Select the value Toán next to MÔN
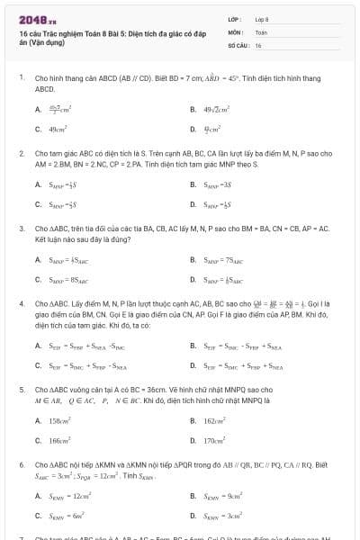pos(261,31)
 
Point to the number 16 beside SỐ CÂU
pos(258,43)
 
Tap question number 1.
pos(21,78)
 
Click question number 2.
pos(21,154)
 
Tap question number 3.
pos(21,229)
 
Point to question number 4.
pos(21,305)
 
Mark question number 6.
pos(21,465)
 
